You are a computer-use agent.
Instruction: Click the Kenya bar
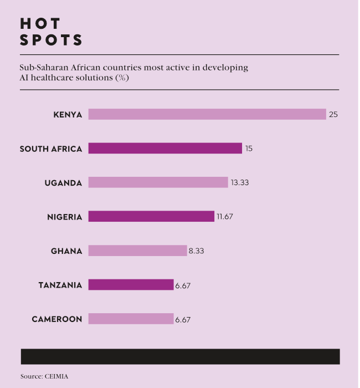(207, 114)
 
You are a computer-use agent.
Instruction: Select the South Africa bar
(165, 149)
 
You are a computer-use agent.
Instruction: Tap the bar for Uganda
(158, 182)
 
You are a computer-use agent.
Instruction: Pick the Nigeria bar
(151, 217)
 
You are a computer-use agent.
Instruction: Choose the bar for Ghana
(137, 251)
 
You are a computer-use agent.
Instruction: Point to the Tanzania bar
(131, 285)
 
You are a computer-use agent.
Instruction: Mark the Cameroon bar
(131, 319)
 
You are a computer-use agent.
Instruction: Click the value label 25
(333, 115)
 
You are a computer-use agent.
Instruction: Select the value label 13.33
(240, 183)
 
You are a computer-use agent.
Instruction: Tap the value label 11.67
(225, 217)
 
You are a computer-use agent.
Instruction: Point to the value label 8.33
(197, 251)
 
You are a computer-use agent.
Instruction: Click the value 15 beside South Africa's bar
(249, 149)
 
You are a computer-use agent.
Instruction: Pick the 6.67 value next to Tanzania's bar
(183, 285)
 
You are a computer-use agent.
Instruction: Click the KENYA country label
(68, 115)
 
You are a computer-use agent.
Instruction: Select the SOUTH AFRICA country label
(51, 149)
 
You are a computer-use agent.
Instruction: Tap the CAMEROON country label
(57, 319)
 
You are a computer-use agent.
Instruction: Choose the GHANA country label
(66, 251)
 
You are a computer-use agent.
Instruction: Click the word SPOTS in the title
(52, 40)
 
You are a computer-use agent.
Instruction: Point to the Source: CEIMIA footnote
(45, 376)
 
